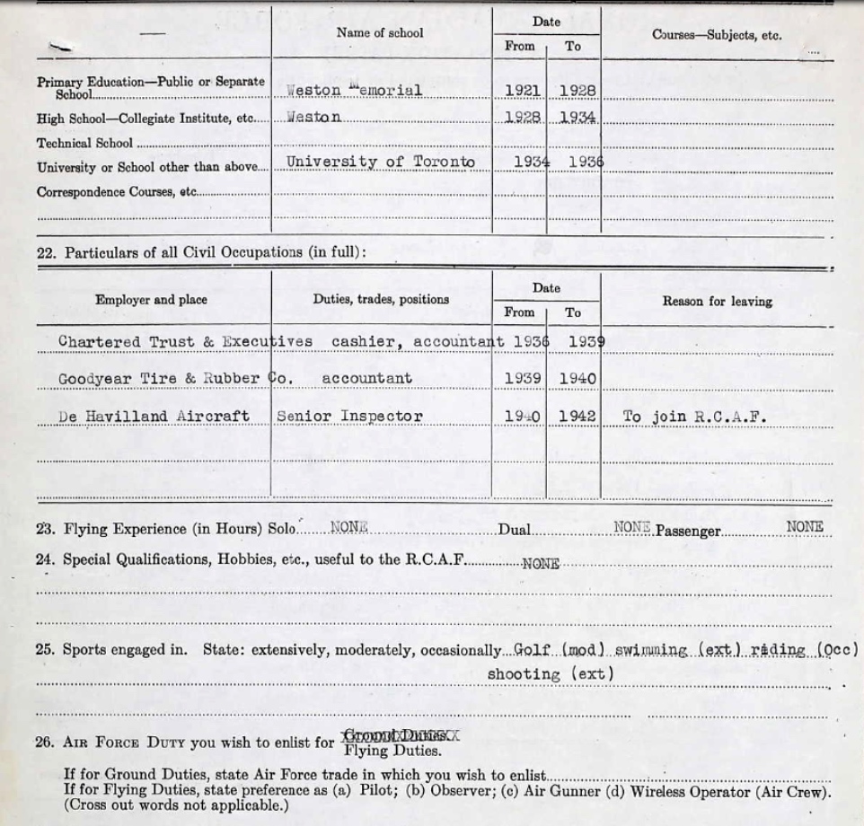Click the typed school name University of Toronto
coord(381,163)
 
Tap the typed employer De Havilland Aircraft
coord(154,417)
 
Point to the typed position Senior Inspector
coord(349,417)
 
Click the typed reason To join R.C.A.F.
coord(694,417)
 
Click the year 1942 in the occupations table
coord(577,417)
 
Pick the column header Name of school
coord(380,32)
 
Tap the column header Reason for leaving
coord(717,302)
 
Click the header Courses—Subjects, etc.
coord(717,36)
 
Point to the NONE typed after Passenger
coord(805,527)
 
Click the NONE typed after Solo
coord(349,527)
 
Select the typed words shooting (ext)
coord(551,673)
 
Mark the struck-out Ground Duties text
coord(401,735)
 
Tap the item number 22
coord(46,252)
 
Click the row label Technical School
coord(84,142)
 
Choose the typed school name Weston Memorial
coord(353,90)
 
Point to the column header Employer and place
coord(151,300)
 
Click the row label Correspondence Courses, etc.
coord(116,191)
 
